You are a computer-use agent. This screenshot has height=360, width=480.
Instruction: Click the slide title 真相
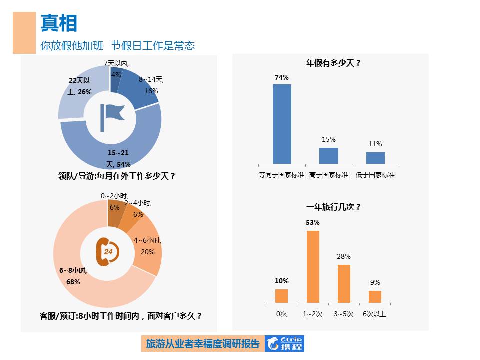click(59, 23)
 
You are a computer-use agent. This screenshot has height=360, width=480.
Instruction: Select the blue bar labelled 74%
click(282, 124)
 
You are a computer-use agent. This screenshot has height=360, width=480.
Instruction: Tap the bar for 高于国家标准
click(329, 155)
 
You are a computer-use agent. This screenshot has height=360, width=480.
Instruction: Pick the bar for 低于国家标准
click(375, 158)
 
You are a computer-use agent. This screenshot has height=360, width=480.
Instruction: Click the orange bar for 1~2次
click(313, 267)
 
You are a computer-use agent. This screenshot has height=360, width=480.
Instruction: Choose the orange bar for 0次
click(282, 296)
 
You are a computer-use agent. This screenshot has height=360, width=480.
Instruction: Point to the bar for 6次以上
click(375, 297)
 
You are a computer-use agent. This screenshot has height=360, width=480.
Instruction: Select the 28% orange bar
click(344, 283)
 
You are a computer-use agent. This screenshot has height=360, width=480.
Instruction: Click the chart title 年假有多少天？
click(333, 63)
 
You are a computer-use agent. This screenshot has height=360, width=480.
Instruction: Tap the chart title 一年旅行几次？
click(333, 207)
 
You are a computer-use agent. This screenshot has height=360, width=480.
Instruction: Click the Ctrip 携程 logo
click(284, 343)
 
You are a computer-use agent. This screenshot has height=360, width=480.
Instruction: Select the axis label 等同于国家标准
click(281, 175)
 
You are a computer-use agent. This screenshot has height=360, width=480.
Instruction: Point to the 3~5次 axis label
click(343, 314)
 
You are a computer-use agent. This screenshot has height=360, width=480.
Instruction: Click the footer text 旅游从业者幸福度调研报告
click(202, 343)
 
